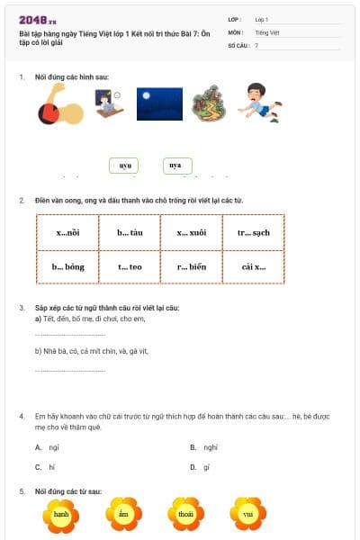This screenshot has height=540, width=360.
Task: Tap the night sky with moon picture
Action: click(x=159, y=103)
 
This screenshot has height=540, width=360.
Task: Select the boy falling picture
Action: click(x=259, y=102)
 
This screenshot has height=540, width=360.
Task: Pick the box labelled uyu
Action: click(x=125, y=166)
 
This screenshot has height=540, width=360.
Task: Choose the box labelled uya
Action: click(x=175, y=166)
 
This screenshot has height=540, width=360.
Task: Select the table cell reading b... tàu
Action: click(x=130, y=232)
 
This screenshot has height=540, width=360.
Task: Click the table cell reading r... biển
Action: click(x=191, y=266)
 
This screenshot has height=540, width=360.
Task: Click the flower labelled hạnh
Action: click(x=61, y=514)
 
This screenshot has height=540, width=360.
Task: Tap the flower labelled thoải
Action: click(x=185, y=514)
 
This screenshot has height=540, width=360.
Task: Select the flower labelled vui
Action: click(x=247, y=514)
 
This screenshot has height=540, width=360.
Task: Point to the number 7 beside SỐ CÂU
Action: click(x=256, y=45)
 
